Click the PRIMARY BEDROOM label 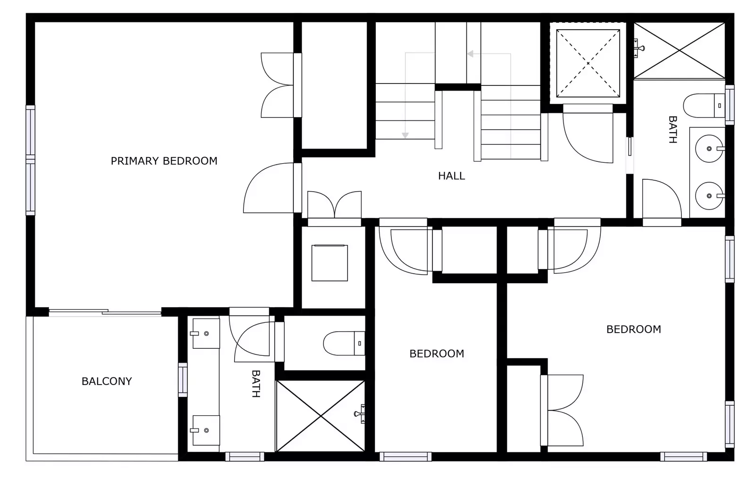[164, 161]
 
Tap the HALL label [451, 176]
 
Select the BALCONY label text [107, 381]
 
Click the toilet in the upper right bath [703, 106]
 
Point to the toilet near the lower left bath [344, 343]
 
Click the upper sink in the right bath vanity [709, 149]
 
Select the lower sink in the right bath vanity [709, 196]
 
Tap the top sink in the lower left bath [206, 334]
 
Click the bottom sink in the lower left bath [206, 430]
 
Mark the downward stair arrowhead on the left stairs [405, 135]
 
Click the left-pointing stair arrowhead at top [470, 54]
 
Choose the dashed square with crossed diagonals [588, 63]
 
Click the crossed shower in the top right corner [679, 50]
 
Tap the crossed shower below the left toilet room [321, 416]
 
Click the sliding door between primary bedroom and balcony [105, 311]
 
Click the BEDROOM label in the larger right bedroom [633, 329]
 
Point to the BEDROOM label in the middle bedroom [437, 354]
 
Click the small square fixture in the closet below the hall [330, 263]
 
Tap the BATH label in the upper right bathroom [673, 130]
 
